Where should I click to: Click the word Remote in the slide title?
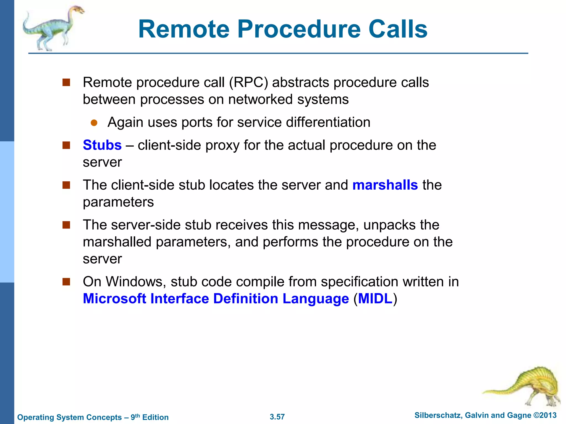tap(184, 29)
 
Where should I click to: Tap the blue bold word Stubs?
tap(102, 145)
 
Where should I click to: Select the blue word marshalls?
tap(385, 185)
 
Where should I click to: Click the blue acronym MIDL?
tap(375, 299)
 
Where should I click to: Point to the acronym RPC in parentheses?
tap(248, 82)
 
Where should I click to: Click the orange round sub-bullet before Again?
tap(94, 123)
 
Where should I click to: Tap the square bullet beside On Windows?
tap(66, 282)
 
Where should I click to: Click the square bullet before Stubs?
tap(66, 145)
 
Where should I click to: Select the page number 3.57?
tap(277, 417)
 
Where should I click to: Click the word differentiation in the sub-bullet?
tap(328, 122)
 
